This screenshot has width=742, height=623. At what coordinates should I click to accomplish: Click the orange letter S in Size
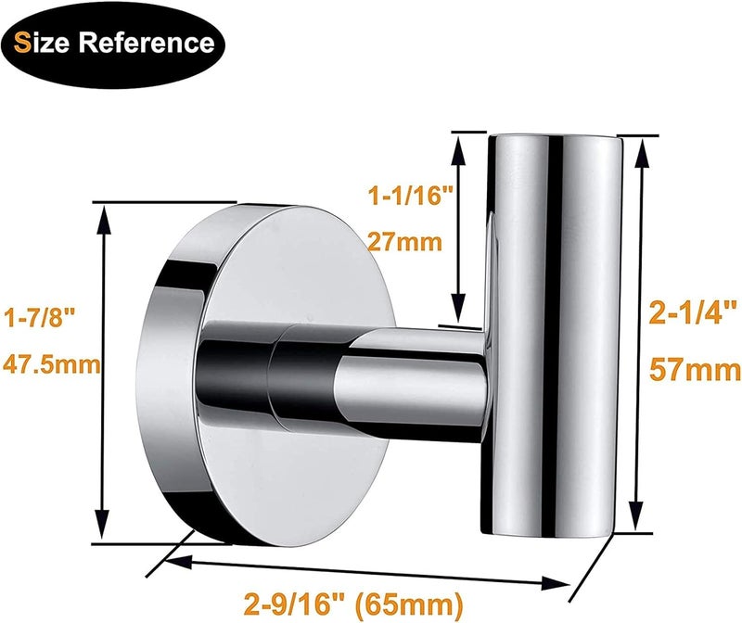tap(22, 43)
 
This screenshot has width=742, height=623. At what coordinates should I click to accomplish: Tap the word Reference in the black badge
tap(147, 43)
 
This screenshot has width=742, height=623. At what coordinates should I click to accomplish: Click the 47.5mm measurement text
tap(52, 364)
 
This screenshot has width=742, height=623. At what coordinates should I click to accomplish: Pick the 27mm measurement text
tap(405, 242)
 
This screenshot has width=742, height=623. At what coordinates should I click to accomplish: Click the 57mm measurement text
tap(695, 369)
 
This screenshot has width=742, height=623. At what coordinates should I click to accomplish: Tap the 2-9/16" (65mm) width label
tap(353, 604)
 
